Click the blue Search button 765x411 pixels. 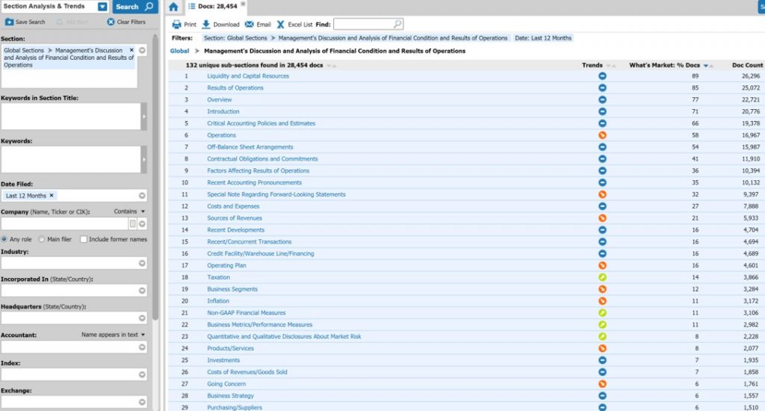(x=134, y=7)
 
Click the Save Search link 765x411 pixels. (x=25, y=22)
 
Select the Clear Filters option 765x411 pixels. (x=126, y=22)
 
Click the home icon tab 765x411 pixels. (x=173, y=7)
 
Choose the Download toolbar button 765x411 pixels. (x=220, y=25)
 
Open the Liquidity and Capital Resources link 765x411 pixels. (x=248, y=76)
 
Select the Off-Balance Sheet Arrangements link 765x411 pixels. (x=250, y=147)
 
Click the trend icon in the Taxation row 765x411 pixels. (x=602, y=277)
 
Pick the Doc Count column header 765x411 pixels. (x=747, y=65)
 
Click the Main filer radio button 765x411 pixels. (x=42, y=239)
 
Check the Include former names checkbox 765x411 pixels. (x=83, y=239)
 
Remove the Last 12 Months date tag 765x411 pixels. (x=52, y=196)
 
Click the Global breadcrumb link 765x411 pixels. (x=179, y=52)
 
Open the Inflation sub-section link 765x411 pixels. (x=218, y=301)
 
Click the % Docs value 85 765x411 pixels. (x=695, y=88)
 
